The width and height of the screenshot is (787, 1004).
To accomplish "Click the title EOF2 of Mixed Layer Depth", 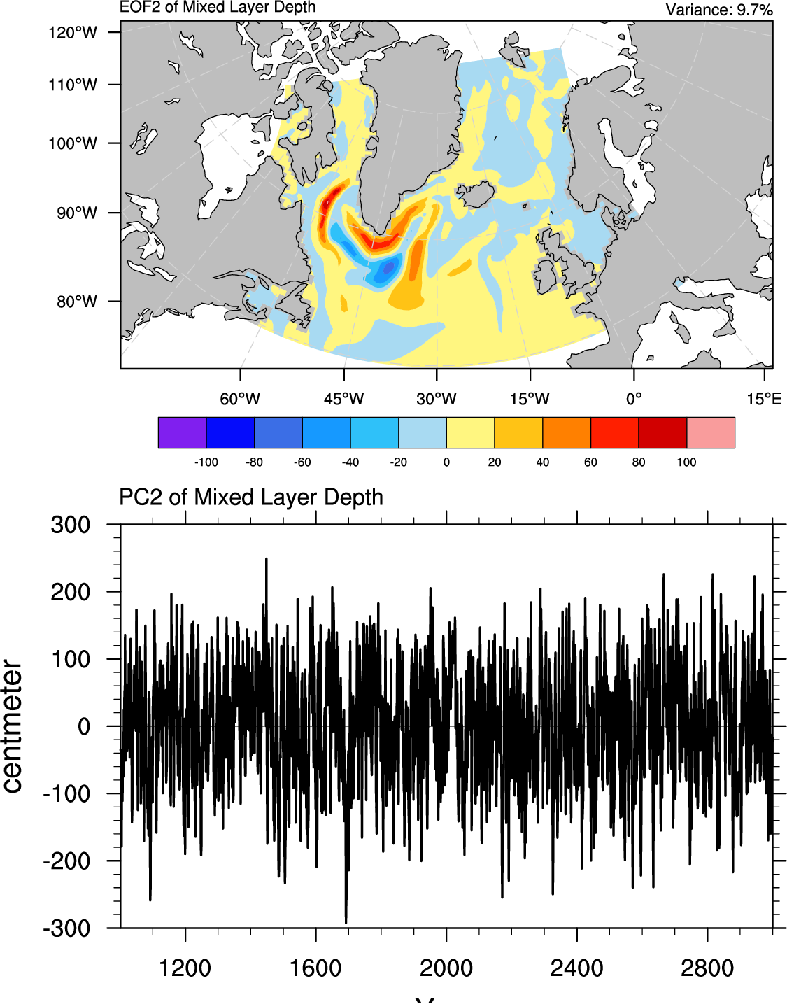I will coord(218,8).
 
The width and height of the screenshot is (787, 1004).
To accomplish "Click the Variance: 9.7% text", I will coord(718,10).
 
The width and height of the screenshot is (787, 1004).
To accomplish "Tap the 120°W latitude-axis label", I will coord(73,32).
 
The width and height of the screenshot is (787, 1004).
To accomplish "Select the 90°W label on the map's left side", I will coord(77,213).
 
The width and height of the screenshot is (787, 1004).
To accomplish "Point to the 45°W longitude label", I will coord(343,399).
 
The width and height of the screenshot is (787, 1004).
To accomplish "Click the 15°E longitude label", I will coord(763,399).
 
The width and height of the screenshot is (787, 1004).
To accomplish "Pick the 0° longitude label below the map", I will coord(634,399).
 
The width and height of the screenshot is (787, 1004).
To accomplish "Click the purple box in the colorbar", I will coord(183,432).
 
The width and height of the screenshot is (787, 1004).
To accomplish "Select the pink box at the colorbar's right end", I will coord(711,432).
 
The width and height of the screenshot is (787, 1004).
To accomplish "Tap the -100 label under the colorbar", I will coord(206,462).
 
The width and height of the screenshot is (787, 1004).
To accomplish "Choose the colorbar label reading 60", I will coord(590,462).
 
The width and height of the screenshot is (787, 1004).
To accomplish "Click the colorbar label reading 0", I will coord(446,462).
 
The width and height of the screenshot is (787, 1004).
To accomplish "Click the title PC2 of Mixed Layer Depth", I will coord(251,497).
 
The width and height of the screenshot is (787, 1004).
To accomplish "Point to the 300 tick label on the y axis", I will coord(71,525).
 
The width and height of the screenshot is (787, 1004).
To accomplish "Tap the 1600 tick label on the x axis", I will coord(315,968).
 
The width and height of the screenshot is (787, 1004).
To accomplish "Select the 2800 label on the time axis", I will coord(707,968).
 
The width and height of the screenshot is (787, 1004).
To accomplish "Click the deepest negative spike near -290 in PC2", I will coord(346,921).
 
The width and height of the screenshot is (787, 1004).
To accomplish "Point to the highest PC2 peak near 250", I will coord(267,560).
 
